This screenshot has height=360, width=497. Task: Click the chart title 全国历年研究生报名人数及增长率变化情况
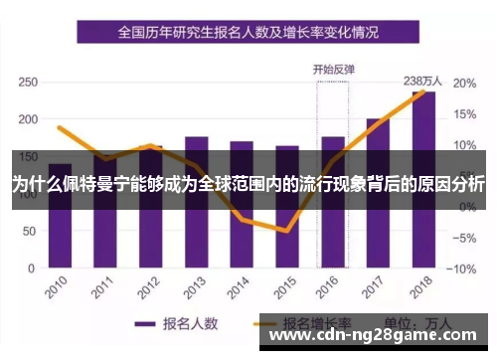[x=248, y=32]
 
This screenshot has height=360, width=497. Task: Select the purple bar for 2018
[x=423, y=179]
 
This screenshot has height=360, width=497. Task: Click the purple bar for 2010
[x=60, y=214]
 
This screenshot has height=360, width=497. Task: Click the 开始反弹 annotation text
[x=333, y=71]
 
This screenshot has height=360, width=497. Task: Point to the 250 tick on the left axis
[x=28, y=83]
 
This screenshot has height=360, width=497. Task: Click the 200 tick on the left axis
[x=28, y=119]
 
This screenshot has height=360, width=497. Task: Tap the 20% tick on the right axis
[x=463, y=83]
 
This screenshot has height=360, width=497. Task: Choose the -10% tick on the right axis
[x=461, y=269]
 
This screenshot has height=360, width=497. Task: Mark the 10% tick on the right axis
[x=463, y=145]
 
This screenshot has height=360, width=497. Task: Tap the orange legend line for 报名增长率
[x=264, y=323]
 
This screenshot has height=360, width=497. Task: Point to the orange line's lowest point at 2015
[x=287, y=231]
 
